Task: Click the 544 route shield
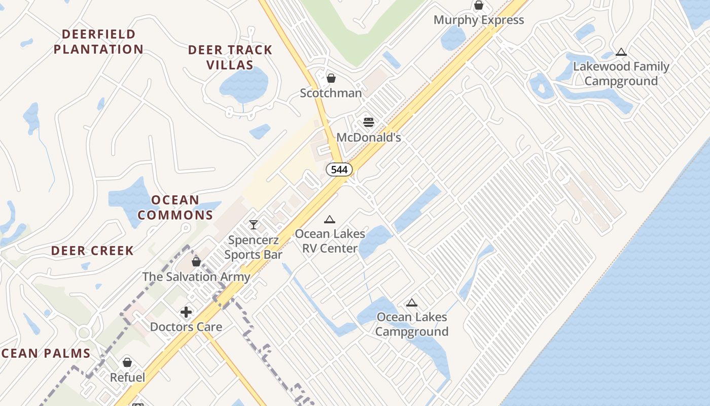pyautogui.click(x=339, y=170)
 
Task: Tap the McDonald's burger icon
pyautogui.click(x=369, y=122)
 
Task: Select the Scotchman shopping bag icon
pyautogui.click(x=331, y=78)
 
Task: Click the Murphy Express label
pyautogui.click(x=478, y=20)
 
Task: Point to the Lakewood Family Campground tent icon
pyautogui.click(x=621, y=52)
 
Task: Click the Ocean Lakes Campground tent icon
pyautogui.click(x=412, y=303)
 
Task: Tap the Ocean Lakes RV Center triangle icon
pyautogui.click(x=330, y=220)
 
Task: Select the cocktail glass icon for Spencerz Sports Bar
pyautogui.click(x=254, y=224)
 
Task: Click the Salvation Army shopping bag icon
pyautogui.click(x=196, y=262)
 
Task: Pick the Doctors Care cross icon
pyautogui.click(x=186, y=312)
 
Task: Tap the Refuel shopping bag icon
pyautogui.click(x=127, y=362)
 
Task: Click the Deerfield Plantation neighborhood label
pyautogui.click(x=99, y=42)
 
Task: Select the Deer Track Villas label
pyautogui.click(x=230, y=57)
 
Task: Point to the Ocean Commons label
pyautogui.click(x=175, y=207)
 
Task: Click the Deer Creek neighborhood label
pyautogui.click(x=92, y=251)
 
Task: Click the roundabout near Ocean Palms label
pyautogui.click(x=84, y=333)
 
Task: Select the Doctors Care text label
pyautogui.click(x=186, y=327)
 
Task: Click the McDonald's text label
pyautogui.click(x=369, y=138)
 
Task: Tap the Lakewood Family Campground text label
pyautogui.click(x=621, y=74)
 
